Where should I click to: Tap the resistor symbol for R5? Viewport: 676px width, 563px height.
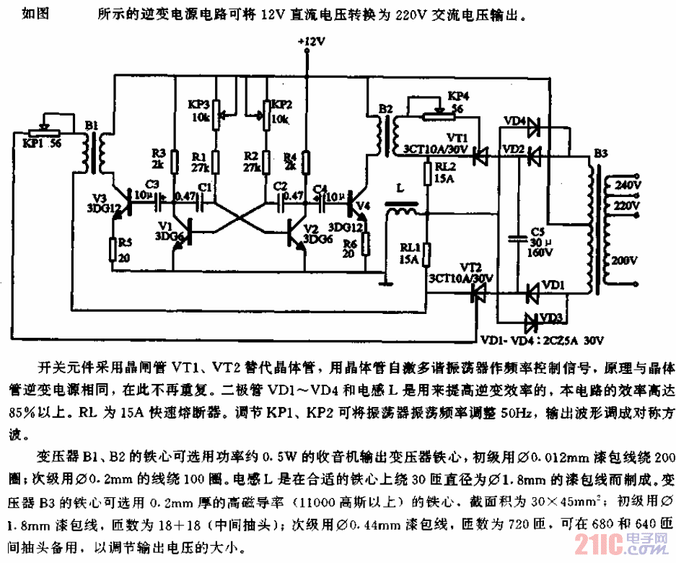click(113, 250)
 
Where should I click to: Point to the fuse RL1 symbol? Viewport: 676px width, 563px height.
click(427, 254)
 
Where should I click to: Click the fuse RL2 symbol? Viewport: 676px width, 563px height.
click(427, 175)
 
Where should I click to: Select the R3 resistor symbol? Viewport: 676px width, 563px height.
click(175, 163)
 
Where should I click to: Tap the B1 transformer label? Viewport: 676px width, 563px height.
click(91, 126)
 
